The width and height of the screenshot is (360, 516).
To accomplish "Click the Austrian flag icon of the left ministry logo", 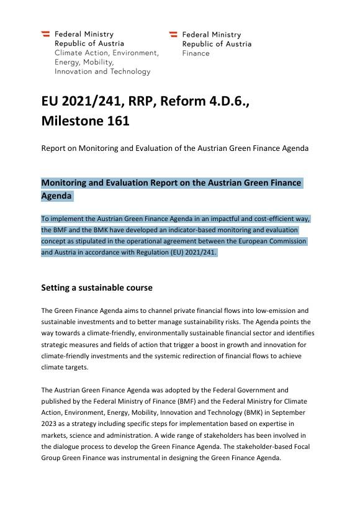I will coord(46,34).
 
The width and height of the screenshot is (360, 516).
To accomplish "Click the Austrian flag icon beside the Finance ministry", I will coord(173,35).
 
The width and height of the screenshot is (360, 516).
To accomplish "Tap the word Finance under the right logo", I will coord(196,53).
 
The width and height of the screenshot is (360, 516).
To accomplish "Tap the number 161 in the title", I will coord(116,121).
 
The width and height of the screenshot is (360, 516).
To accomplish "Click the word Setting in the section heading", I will coord(55,288).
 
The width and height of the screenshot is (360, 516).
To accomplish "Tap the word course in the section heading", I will coord(139,288).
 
